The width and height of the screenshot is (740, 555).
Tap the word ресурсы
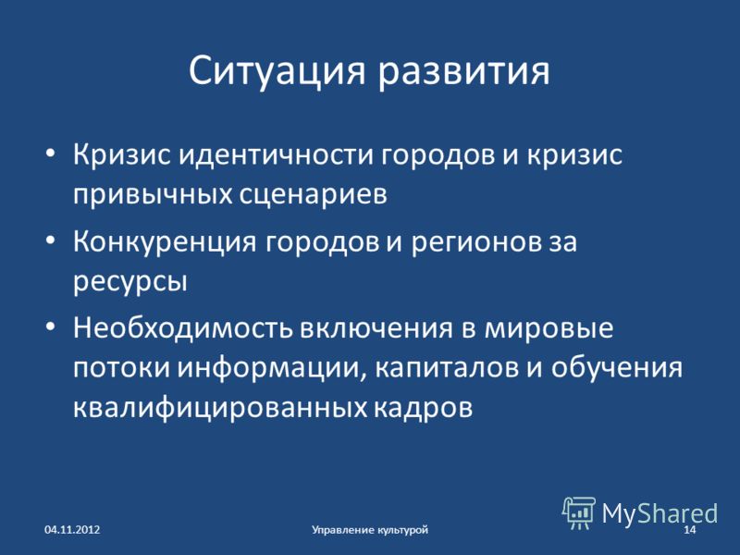(x=129, y=280)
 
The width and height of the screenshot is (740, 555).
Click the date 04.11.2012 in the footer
(x=72, y=528)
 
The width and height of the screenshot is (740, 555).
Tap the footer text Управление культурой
(x=369, y=528)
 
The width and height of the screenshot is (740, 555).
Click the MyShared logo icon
(x=579, y=512)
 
